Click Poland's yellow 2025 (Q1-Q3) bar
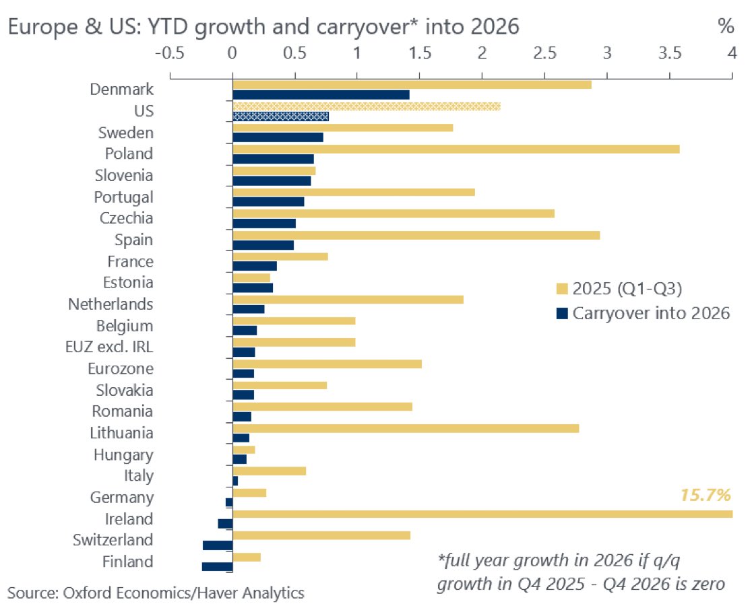pos(456,149)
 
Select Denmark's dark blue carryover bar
pos(321,95)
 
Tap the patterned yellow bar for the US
pos(366,106)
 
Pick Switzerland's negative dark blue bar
pos(217,545)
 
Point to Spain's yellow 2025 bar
pos(416,235)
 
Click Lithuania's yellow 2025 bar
pos(406,428)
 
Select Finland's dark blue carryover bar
pos(217,567)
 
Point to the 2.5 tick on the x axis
pos(544,53)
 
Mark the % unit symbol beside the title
pos(725,28)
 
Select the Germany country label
pos(121,498)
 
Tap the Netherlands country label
pos(111,304)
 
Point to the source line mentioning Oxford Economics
pos(156,593)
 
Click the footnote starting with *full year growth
pos(581,572)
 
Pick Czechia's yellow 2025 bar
pos(394,213)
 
